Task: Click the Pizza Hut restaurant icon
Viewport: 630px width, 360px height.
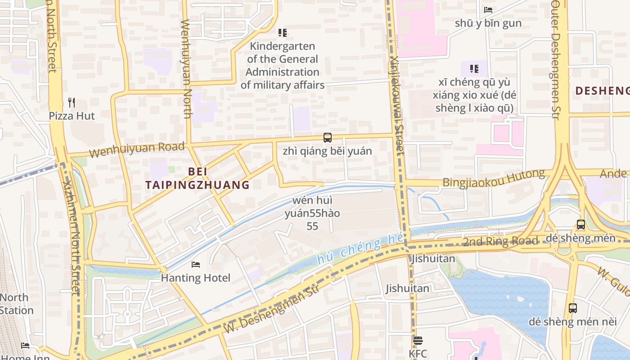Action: (x=71, y=103)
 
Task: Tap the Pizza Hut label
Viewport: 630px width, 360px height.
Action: (x=72, y=116)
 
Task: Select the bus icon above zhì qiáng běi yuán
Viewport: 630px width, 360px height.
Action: (x=327, y=138)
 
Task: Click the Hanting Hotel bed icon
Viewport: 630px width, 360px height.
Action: (x=196, y=264)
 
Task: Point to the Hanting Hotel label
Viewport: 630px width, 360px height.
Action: (x=196, y=278)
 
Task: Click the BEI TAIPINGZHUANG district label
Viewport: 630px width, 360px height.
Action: (x=197, y=178)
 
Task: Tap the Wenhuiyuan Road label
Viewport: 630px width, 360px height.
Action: (x=137, y=149)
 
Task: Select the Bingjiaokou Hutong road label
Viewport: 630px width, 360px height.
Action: (x=493, y=178)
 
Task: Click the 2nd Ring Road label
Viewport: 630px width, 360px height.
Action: (x=500, y=242)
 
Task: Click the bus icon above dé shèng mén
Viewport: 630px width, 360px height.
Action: (x=580, y=224)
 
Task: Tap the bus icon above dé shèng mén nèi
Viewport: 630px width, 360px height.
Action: (x=572, y=308)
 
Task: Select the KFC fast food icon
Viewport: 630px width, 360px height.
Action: (x=418, y=341)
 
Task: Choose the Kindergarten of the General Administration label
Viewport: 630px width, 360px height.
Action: (x=283, y=65)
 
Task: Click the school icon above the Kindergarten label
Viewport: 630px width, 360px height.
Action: (x=283, y=32)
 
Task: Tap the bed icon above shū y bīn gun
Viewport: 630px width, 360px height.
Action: (x=488, y=9)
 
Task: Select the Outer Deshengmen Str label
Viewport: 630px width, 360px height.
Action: (x=556, y=58)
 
